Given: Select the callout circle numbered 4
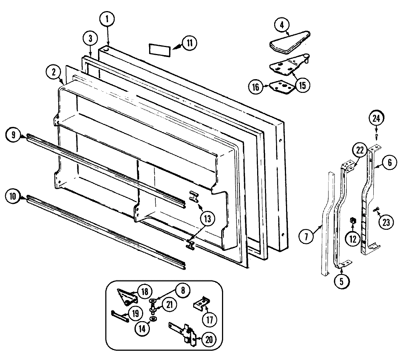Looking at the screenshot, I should coord(282,25).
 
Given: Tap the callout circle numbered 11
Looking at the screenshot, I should coord(189,43).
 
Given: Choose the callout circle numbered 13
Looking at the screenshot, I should coord(207,219).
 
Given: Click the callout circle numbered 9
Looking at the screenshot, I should coord(13,135).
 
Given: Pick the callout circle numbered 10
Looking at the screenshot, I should coord(13,196).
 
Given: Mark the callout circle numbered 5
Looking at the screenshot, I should coord(342,281).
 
